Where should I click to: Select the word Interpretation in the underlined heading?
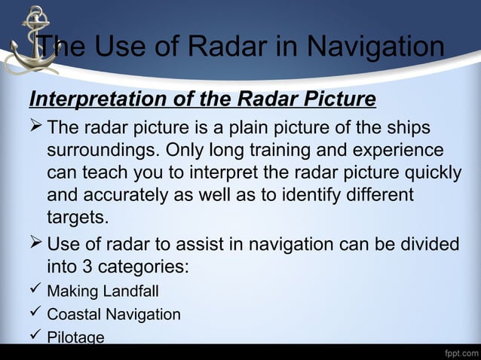tap(93, 99)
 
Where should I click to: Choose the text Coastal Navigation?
tap(114, 314)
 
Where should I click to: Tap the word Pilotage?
tap(75, 337)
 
